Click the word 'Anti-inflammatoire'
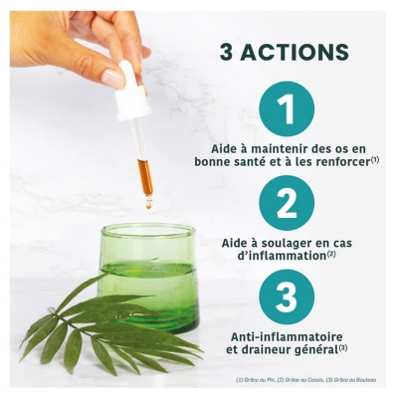coord(286,334)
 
